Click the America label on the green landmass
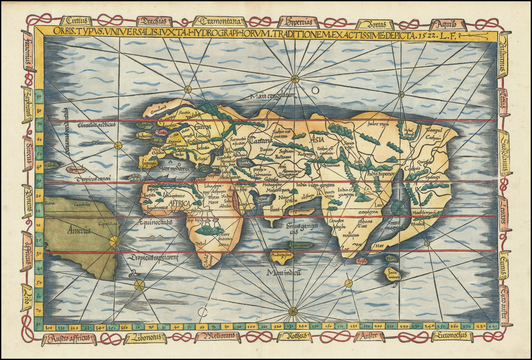pyautogui.click(x=79, y=231)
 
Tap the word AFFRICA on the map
pyautogui.click(x=180, y=204)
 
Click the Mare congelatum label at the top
pyautogui.click(x=272, y=96)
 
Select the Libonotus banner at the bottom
pyautogui.click(x=145, y=338)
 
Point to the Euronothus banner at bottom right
pyautogui.click(x=451, y=336)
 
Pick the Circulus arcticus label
pyautogui.click(x=95, y=125)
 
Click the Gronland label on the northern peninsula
pyautogui.click(x=157, y=110)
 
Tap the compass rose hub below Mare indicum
pyautogui.click(x=293, y=311)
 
